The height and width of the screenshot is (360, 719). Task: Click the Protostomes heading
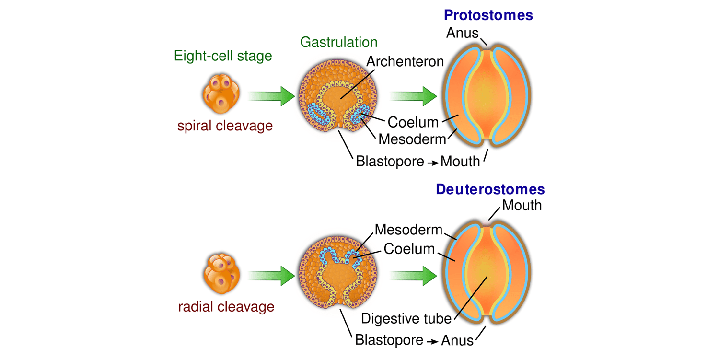point(488,15)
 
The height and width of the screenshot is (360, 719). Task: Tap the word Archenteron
point(405,61)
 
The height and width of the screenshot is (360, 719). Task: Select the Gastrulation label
point(339,42)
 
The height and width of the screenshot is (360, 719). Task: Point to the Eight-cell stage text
point(223,56)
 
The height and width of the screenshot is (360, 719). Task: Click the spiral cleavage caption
point(225,126)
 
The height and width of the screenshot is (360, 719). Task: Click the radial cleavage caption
point(226,307)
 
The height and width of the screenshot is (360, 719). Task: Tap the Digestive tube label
point(406,318)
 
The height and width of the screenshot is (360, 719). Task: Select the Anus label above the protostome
point(463,33)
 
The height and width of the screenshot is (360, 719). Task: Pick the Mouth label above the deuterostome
point(522,205)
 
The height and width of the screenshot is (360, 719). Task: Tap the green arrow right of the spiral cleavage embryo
point(272,96)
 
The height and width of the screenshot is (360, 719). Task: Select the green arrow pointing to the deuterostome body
point(413,276)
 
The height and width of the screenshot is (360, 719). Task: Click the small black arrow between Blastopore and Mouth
point(433,163)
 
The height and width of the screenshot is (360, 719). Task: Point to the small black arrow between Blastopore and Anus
point(433,342)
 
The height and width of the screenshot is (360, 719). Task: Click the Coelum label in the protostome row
point(413,122)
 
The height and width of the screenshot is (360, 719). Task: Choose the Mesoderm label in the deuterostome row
point(408,230)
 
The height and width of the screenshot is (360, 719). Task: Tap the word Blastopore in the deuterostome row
point(389,341)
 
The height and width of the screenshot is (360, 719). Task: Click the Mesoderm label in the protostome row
point(412,139)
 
